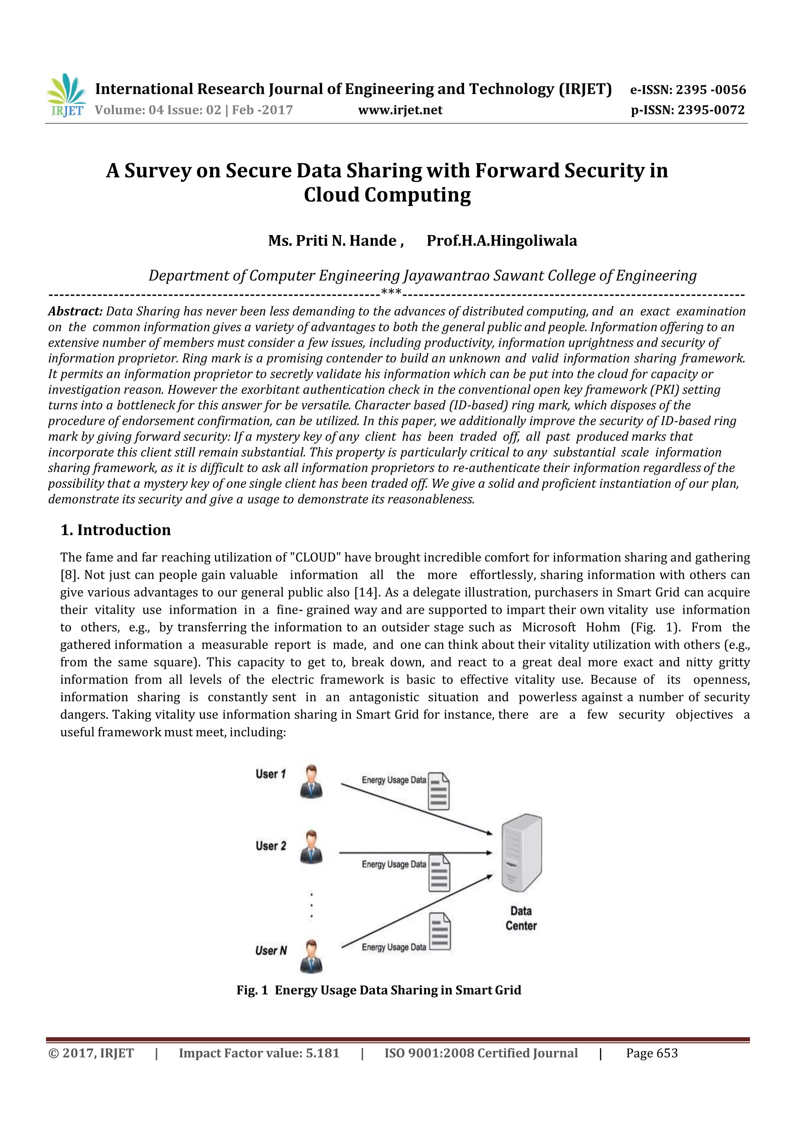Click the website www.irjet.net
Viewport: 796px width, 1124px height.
point(400,110)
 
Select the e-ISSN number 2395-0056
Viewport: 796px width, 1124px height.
point(711,90)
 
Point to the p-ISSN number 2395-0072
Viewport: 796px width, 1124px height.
point(711,110)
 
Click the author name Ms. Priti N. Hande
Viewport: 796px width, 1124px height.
point(335,240)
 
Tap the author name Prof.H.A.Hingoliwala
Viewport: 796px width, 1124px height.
point(501,240)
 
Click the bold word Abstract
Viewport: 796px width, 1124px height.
point(75,311)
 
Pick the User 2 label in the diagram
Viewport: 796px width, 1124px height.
point(271,846)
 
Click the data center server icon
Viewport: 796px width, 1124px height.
point(522,852)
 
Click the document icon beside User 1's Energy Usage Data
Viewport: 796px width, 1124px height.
point(439,791)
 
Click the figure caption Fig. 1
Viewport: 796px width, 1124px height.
point(252,990)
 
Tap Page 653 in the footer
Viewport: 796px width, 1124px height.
point(651,1053)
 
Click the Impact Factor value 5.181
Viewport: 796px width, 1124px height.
point(323,1053)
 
